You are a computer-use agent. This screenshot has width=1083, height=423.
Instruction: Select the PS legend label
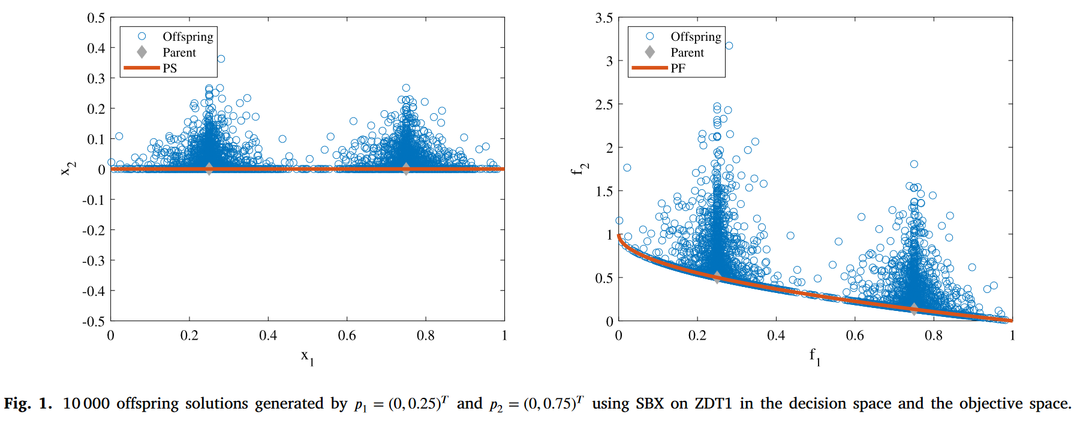[170, 68]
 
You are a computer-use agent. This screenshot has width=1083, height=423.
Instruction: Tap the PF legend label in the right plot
[678, 68]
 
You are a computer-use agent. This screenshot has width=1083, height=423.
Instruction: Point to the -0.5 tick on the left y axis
[94, 322]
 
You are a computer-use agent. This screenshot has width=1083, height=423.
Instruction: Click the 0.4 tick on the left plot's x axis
[268, 336]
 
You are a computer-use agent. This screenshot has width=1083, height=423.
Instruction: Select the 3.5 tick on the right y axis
[604, 18]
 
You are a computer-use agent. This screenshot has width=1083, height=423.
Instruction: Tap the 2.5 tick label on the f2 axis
[604, 105]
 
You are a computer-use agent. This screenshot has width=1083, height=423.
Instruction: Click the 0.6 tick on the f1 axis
[855, 336]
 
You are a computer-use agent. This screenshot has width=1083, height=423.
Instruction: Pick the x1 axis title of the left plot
[307, 357]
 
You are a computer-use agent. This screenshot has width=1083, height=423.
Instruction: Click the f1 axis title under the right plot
[814, 357]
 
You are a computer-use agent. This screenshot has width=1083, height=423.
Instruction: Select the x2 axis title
[69, 170]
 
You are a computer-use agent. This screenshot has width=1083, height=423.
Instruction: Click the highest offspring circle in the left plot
[221, 59]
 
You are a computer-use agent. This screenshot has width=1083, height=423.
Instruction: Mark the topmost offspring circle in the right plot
[729, 46]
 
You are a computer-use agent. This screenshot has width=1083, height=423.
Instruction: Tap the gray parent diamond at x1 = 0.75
[406, 168]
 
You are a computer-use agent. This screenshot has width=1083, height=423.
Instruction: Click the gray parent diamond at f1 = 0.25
[717, 277]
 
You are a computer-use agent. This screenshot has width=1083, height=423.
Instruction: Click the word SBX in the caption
[649, 404]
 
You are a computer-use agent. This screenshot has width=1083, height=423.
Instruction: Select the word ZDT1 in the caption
[713, 404]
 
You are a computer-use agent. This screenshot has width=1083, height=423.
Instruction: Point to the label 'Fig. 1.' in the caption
[28, 404]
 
